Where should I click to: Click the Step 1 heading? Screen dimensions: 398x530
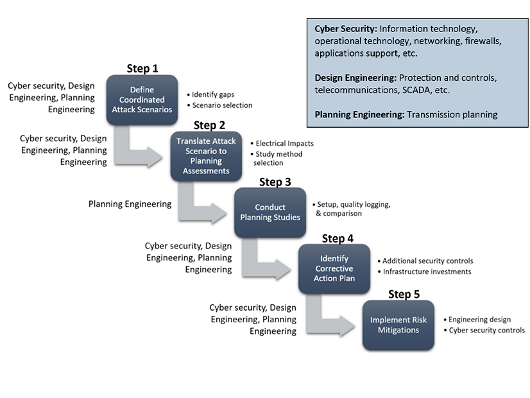(142, 68)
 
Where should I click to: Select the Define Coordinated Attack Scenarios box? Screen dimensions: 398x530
(142, 99)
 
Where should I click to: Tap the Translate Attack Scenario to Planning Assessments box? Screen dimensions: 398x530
(206, 156)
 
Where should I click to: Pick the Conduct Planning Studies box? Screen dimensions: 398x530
(269, 212)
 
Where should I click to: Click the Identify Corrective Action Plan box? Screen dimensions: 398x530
(334, 268)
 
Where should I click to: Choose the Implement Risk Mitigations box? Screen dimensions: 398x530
(398, 325)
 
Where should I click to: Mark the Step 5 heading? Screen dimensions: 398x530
(404, 294)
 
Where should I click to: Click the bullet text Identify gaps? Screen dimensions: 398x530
(212, 94)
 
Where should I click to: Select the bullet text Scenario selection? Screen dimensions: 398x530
(222, 105)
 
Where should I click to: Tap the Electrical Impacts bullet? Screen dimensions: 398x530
(284, 143)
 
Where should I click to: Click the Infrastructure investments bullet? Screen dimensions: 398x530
(427, 272)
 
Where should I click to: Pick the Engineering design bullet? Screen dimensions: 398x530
(479, 319)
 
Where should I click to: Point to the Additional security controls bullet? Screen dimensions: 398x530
(428, 261)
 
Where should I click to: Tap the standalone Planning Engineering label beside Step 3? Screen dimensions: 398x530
(130, 204)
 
